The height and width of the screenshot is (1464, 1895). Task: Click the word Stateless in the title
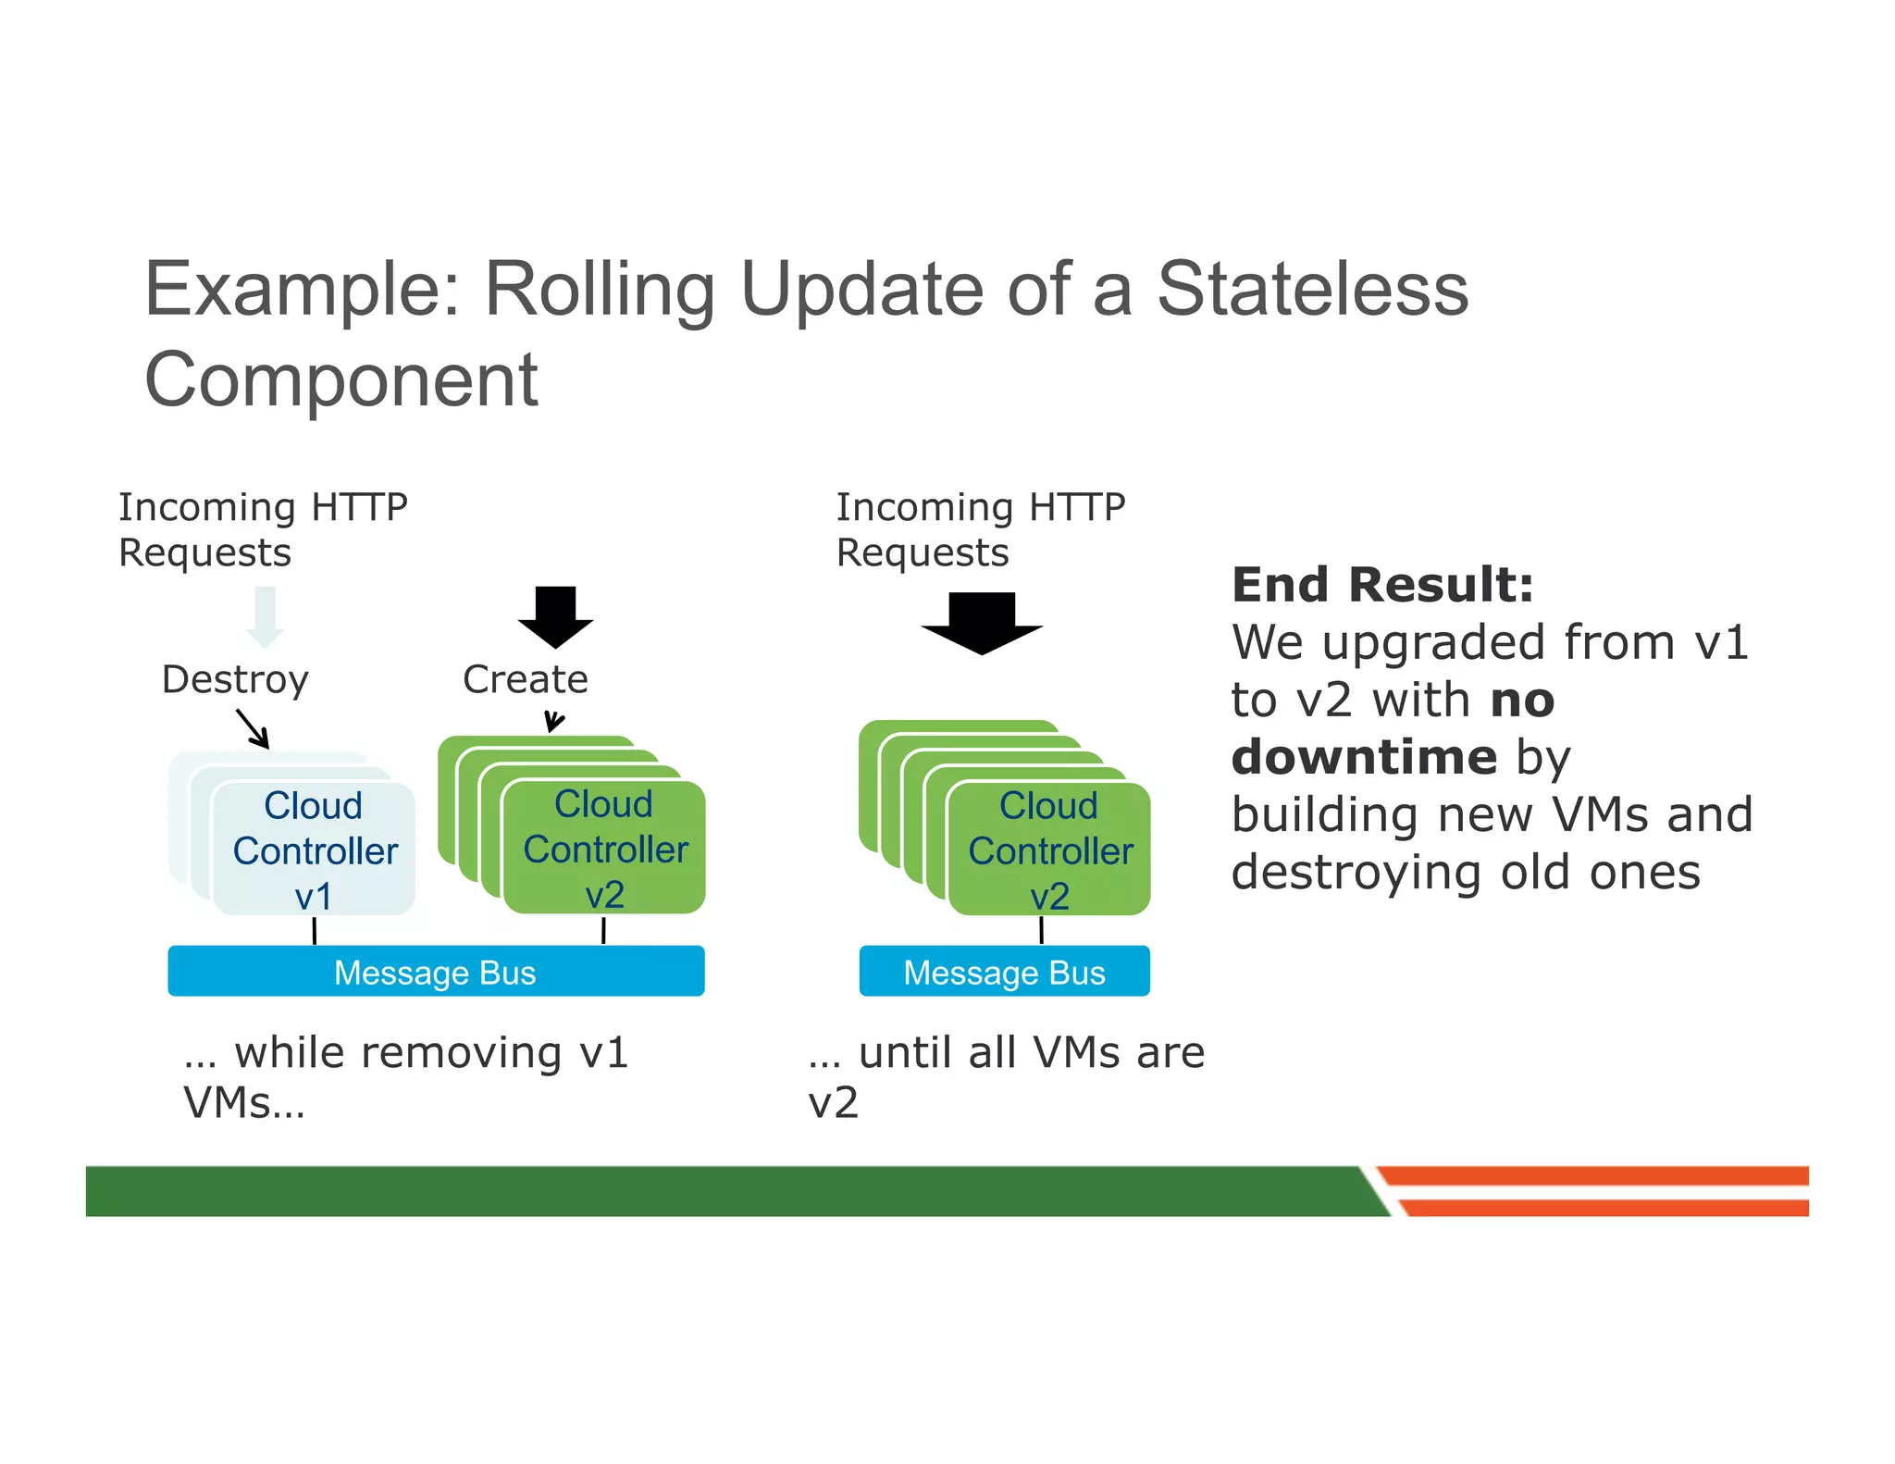point(1312,289)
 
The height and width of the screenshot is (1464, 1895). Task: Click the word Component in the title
point(341,379)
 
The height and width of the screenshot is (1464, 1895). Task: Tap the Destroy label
point(235,679)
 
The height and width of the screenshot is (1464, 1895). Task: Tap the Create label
point(525,679)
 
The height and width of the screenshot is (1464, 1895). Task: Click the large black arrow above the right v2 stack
point(982,623)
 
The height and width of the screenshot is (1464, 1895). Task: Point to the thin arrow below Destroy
point(253,728)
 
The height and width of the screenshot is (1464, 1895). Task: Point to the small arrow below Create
point(553,721)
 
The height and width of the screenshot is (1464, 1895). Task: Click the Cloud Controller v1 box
point(314,850)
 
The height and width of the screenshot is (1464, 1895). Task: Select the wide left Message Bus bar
point(435,972)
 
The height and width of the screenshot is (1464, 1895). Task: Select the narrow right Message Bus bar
point(1004,972)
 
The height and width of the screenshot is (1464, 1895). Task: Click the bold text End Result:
point(1382,585)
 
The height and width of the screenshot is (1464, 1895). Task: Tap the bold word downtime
point(1364,757)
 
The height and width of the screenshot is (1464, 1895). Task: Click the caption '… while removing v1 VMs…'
point(405,1076)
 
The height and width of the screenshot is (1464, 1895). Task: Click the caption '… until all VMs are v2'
point(1005,1076)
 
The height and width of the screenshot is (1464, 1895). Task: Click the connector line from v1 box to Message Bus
point(315,931)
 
